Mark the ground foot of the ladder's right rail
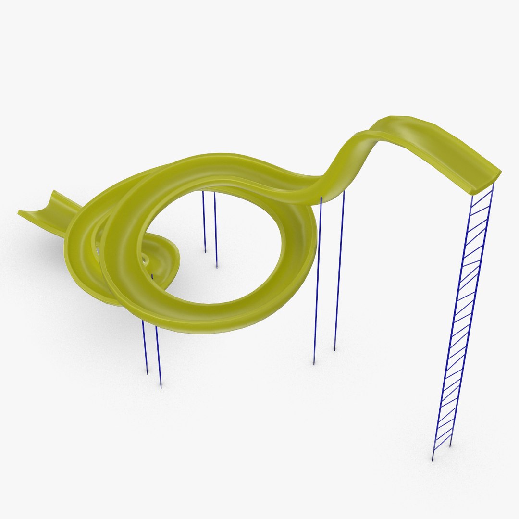(x=450, y=446)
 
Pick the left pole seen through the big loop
(x=204, y=221)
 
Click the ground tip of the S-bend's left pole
(x=314, y=364)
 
